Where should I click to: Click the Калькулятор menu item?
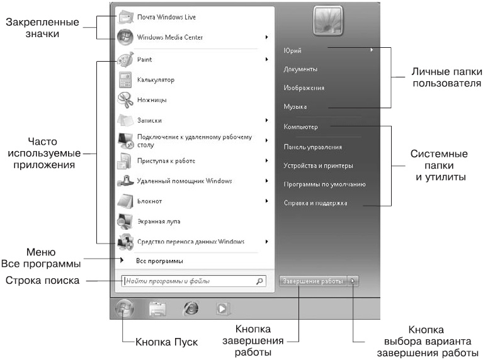[156, 80]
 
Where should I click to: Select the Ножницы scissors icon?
[125, 99]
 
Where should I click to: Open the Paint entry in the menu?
[144, 60]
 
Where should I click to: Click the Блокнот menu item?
[151, 201]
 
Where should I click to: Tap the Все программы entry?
[160, 261]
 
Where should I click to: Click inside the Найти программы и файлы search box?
[189, 281]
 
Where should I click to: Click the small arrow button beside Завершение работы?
[353, 281]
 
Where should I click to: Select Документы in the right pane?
[300, 69]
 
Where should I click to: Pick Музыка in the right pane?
[295, 108]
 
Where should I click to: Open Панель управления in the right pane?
[313, 147]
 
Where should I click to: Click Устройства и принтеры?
[318, 166]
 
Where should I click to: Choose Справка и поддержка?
[315, 203]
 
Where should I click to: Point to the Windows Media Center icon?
[125, 37]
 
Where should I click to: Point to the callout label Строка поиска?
[42, 281]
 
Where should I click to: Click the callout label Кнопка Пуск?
[167, 342]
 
